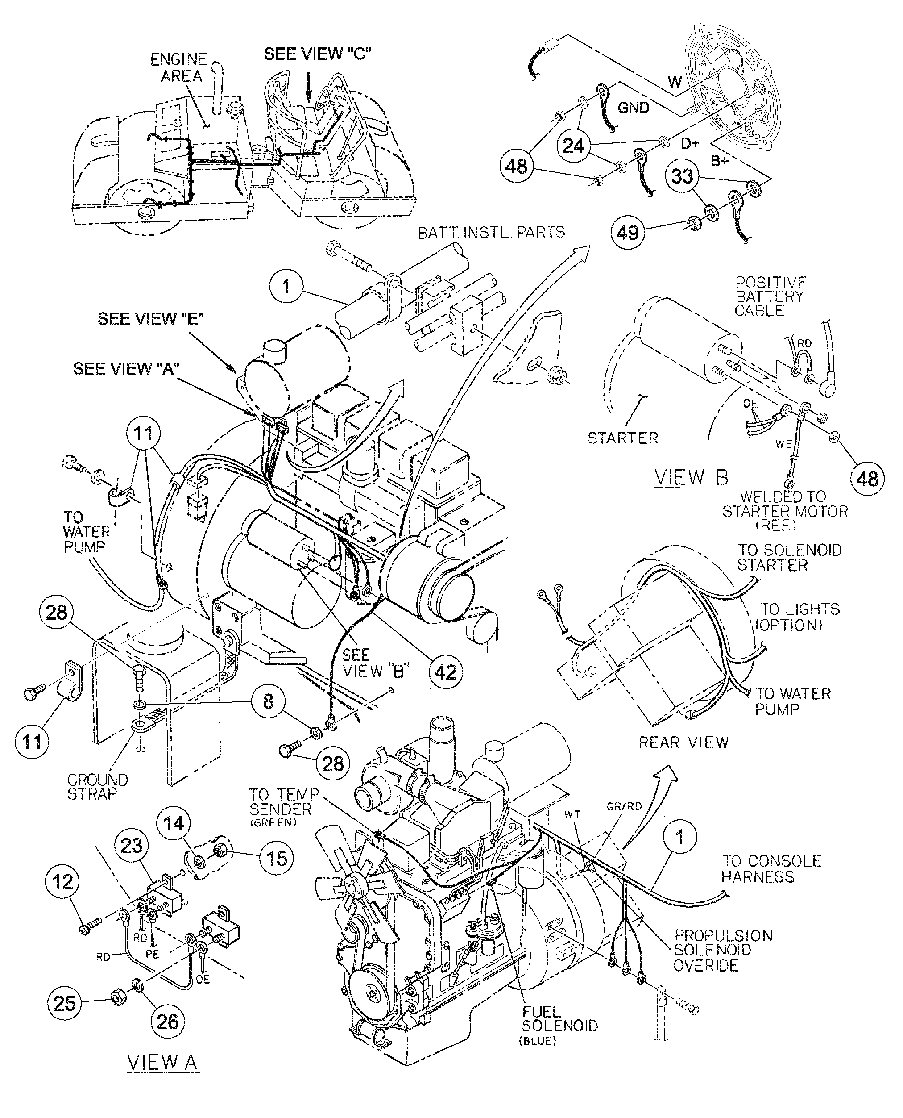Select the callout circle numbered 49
point(627,232)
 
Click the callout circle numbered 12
point(63,882)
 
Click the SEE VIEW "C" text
point(317,54)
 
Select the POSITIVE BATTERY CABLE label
point(770,296)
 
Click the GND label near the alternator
point(633,108)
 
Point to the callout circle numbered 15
point(276,857)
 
